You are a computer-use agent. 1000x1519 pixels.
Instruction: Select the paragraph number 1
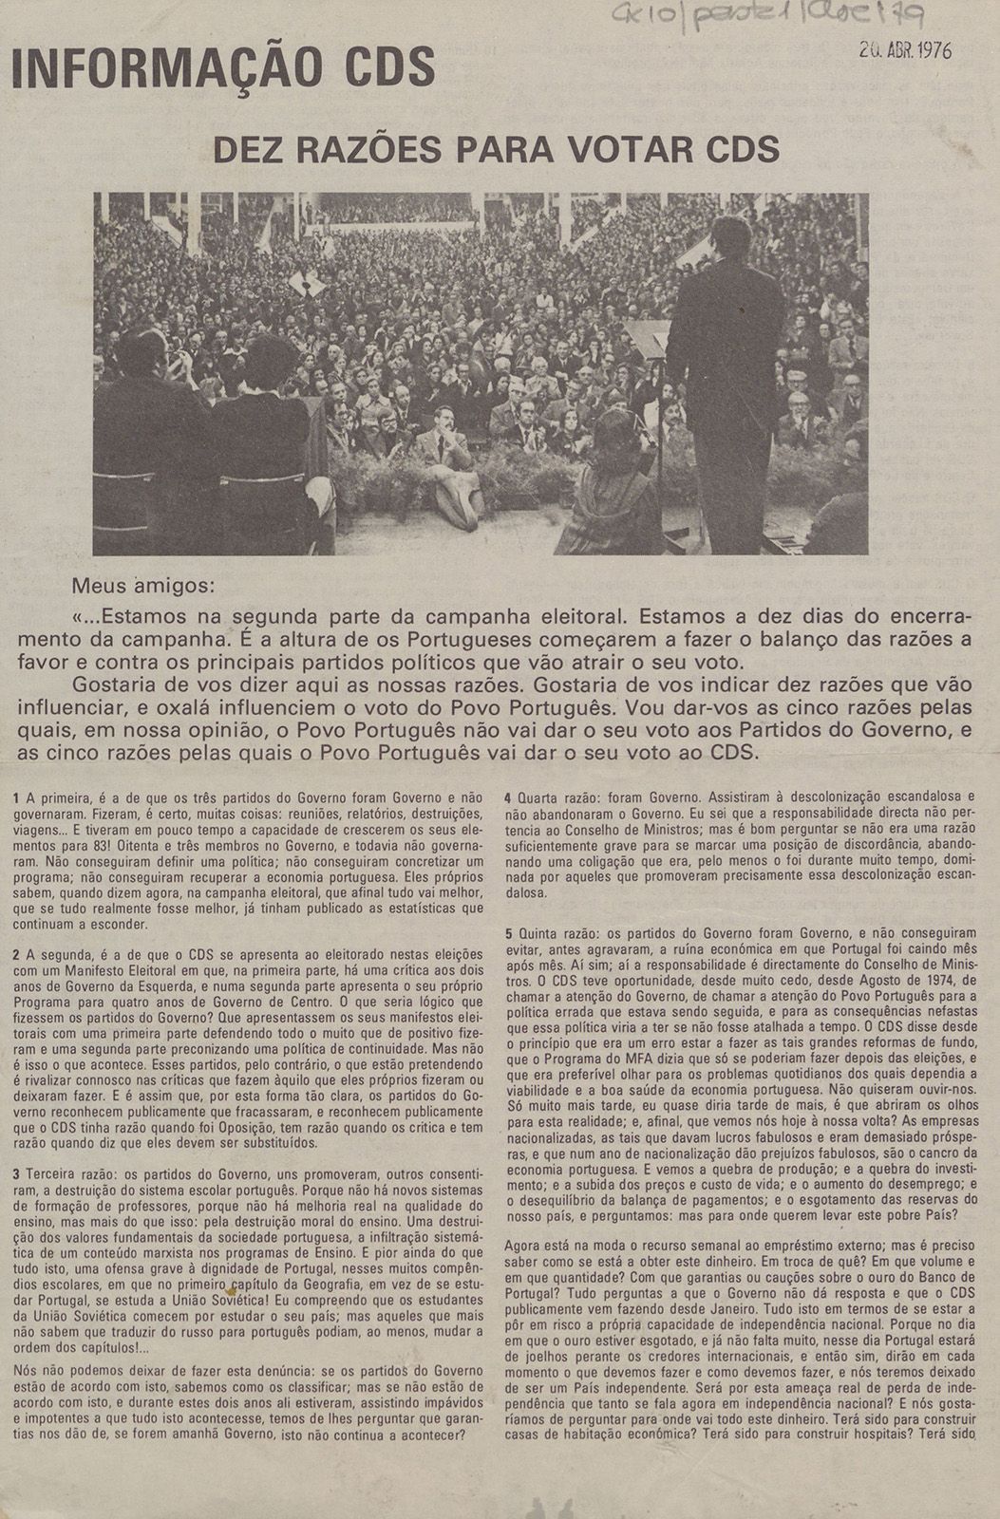coord(16,799)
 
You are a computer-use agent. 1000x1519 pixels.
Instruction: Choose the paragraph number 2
coord(16,952)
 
